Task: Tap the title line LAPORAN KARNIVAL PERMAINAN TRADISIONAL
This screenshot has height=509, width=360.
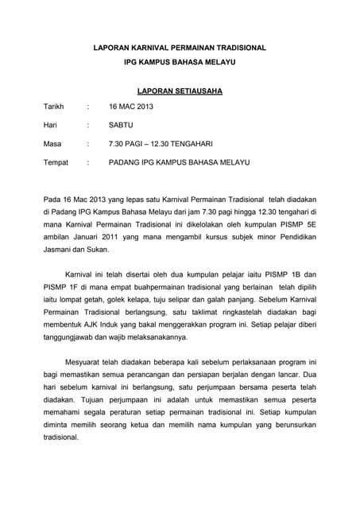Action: pyautogui.click(x=180, y=49)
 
